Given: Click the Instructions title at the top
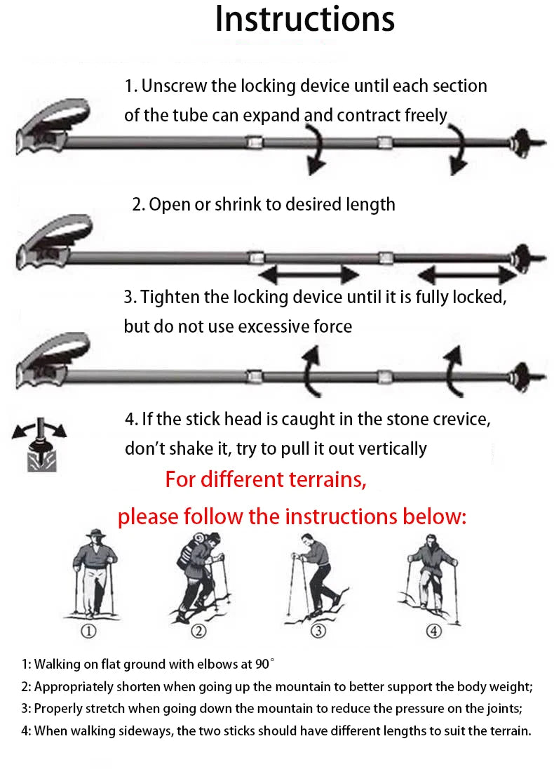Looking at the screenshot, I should (x=304, y=20).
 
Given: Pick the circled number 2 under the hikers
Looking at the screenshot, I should (x=199, y=632).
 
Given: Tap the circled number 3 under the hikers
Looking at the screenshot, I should (x=318, y=632).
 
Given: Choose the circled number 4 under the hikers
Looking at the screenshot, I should (x=433, y=632).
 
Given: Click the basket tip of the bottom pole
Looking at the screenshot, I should (x=522, y=371).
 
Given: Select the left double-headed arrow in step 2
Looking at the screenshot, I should (x=309, y=274).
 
